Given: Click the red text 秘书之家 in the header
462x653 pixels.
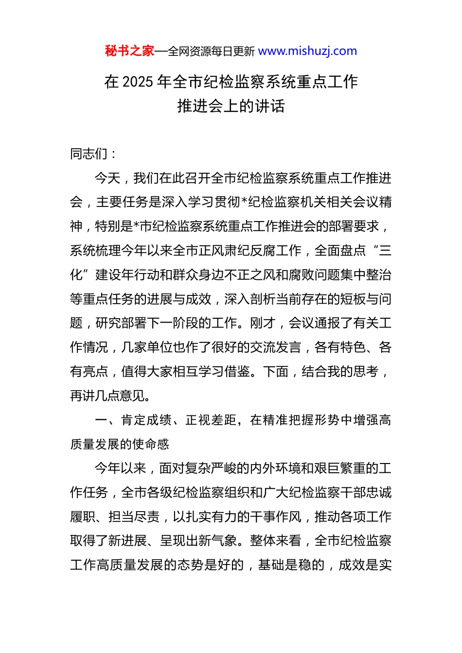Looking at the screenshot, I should [129, 51].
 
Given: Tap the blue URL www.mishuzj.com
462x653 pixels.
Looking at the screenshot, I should [307, 51].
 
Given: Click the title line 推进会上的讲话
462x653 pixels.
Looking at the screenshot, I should [231, 106].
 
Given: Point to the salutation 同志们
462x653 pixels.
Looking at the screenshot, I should [89, 154].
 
